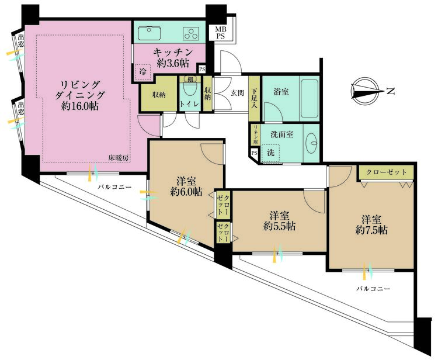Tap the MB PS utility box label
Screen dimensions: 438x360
point(221,32)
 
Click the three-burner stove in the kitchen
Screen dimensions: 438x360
point(192,33)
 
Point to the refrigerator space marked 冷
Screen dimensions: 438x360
point(142,72)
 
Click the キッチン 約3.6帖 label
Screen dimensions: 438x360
point(173,58)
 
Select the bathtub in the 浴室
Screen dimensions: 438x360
point(310,99)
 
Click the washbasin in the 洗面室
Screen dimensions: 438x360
point(312,143)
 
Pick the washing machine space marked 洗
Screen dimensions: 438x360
point(270,153)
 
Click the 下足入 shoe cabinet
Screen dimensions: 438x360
point(255,98)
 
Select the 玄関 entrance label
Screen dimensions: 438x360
point(238,93)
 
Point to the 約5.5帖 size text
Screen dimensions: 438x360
point(280,226)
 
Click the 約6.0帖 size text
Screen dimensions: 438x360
point(187,192)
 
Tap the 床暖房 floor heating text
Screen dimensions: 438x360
point(119,158)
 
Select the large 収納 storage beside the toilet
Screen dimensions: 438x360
point(159,94)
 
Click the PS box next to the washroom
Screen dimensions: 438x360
point(254,153)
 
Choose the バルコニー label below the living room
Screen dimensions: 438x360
point(114,187)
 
